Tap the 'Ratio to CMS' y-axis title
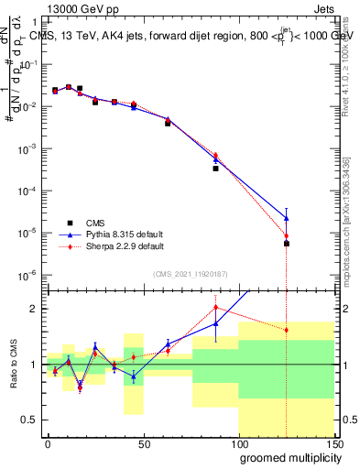(13, 364)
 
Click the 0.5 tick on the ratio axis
(31, 420)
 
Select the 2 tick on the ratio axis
(35, 309)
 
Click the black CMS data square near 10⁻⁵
(287, 244)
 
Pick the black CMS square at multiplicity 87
(216, 169)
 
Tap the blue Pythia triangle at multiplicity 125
(287, 218)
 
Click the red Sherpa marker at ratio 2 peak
(216, 307)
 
